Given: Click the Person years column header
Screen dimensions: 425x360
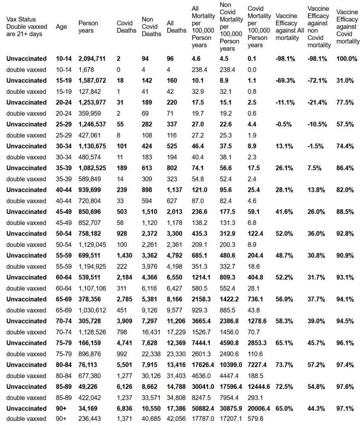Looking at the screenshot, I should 88,27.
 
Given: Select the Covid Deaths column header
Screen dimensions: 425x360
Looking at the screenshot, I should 127,27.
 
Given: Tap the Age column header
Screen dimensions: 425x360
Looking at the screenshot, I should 61,27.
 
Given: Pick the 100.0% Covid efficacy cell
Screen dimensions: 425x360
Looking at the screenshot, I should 347,59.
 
